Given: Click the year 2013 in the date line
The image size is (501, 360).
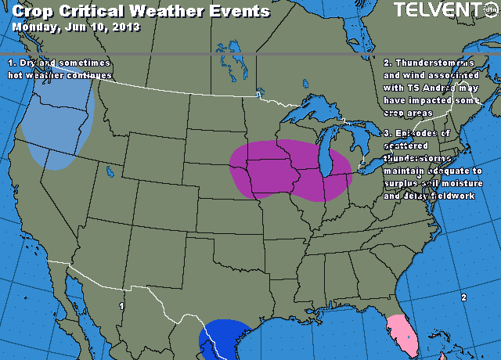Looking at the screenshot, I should tap(126, 26).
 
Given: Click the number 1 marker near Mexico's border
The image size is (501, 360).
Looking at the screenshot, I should tap(121, 306).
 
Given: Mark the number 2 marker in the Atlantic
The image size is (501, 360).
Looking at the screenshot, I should tap(463, 297).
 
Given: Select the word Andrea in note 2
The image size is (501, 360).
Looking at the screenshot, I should tap(428, 88).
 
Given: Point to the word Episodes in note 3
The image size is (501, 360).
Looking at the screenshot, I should tap(424, 133).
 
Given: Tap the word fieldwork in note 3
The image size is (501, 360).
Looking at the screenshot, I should tap(452, 195).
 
